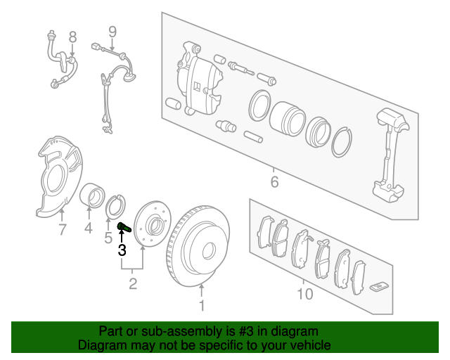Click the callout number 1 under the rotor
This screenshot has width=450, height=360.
pos(202,305)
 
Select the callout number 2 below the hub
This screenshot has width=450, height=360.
pos(133,284)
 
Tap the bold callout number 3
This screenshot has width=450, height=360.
pos(122,250)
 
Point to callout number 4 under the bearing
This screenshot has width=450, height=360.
pos(88,228)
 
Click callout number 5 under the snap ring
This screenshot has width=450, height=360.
pos(108,238)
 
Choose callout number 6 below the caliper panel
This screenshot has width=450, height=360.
pos(274,183)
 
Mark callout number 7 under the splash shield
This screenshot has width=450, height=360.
pos(62,229)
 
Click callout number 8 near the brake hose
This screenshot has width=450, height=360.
pos(72,36)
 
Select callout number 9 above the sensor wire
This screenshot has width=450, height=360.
pos(111,31)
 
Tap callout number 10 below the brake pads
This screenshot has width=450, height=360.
pos(305,293)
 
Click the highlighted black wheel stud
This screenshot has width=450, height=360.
pos(124,227)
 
